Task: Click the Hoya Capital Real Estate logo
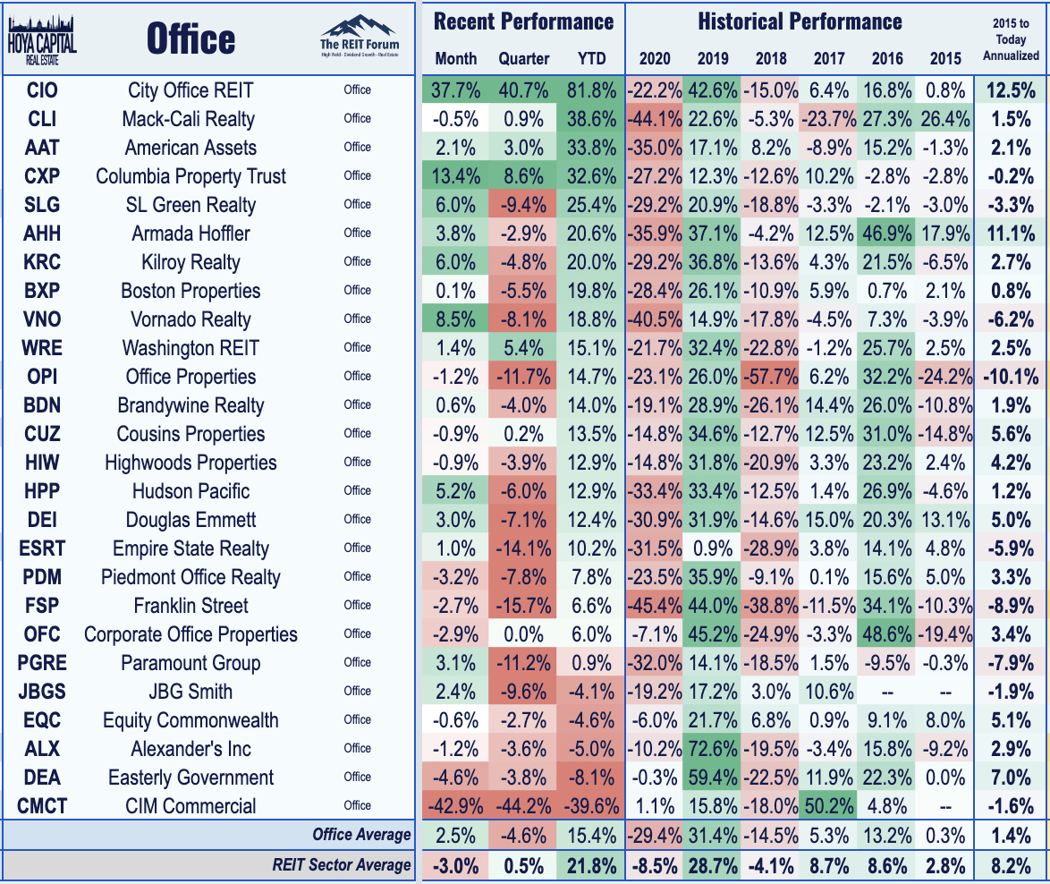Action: [42, 39]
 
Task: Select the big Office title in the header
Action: [191, 39]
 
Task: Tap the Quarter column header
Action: [524, 59]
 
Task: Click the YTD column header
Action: [591, 59]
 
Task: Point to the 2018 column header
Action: [771, 59]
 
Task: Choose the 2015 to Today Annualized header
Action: [1011, 40]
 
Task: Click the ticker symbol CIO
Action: [43, 90]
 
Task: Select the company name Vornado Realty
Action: [191, 319]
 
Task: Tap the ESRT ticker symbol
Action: [43, 548]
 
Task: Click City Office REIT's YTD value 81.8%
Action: [591, 90]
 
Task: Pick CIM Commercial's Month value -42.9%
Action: [457, 806]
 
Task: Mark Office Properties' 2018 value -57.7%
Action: [771, 377]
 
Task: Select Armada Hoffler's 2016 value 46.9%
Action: [886, 234]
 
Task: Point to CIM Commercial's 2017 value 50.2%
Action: [829, 806]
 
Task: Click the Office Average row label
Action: [361, 835]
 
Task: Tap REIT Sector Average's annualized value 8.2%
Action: [1011, 864]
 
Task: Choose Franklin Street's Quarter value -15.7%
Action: [524, 606]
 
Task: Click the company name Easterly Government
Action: [191, 778]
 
